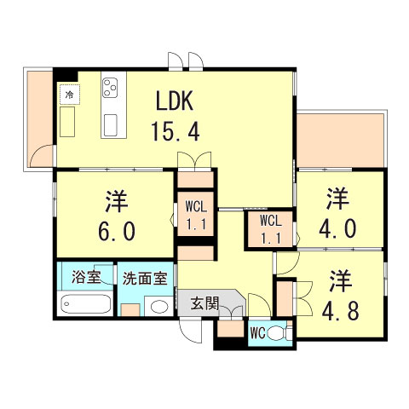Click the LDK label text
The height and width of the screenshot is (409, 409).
(x=176, y=101)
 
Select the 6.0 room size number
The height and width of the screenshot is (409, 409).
(x=116, y=230)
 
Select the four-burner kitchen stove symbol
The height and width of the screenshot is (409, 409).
(x=112, y=87)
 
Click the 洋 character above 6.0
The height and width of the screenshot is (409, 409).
(x=116, y=200)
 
